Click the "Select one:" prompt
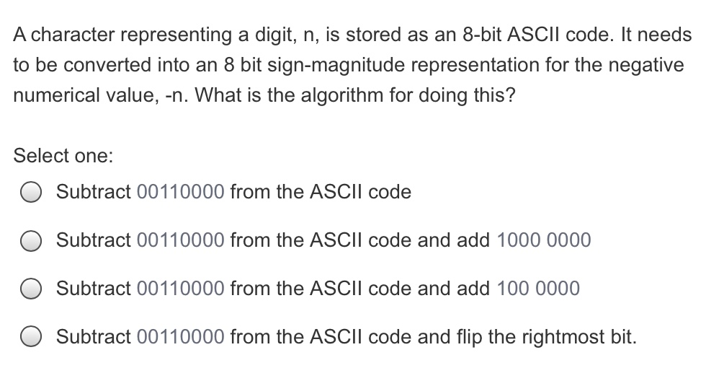pyautogui.click(x=63, y=155)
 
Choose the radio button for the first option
pyautogui.click(x=31, y=193)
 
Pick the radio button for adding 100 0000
pyautogui.click(x=31, y=289)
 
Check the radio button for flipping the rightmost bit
pyautogui.click(x=31, y=337)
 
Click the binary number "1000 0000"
pyautogui.click(x=544, y=240)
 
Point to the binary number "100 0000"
pyautogui.click(x=538, y=289)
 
